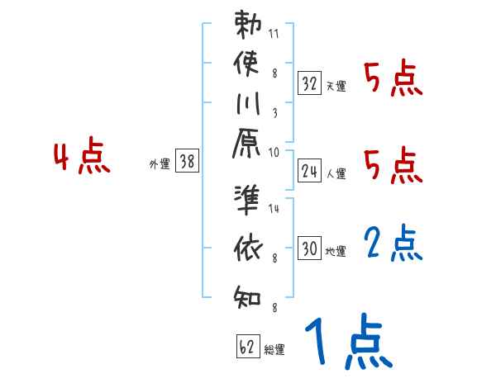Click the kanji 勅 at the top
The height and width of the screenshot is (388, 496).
tap(249, 26)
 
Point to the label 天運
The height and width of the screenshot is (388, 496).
tap(336, 86)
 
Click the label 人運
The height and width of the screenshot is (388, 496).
tap(336, 174)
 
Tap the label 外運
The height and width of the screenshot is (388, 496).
tap(159, 165)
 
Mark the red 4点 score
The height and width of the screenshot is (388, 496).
tap(83, 158)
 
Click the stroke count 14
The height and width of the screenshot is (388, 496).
tap(274, 209)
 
